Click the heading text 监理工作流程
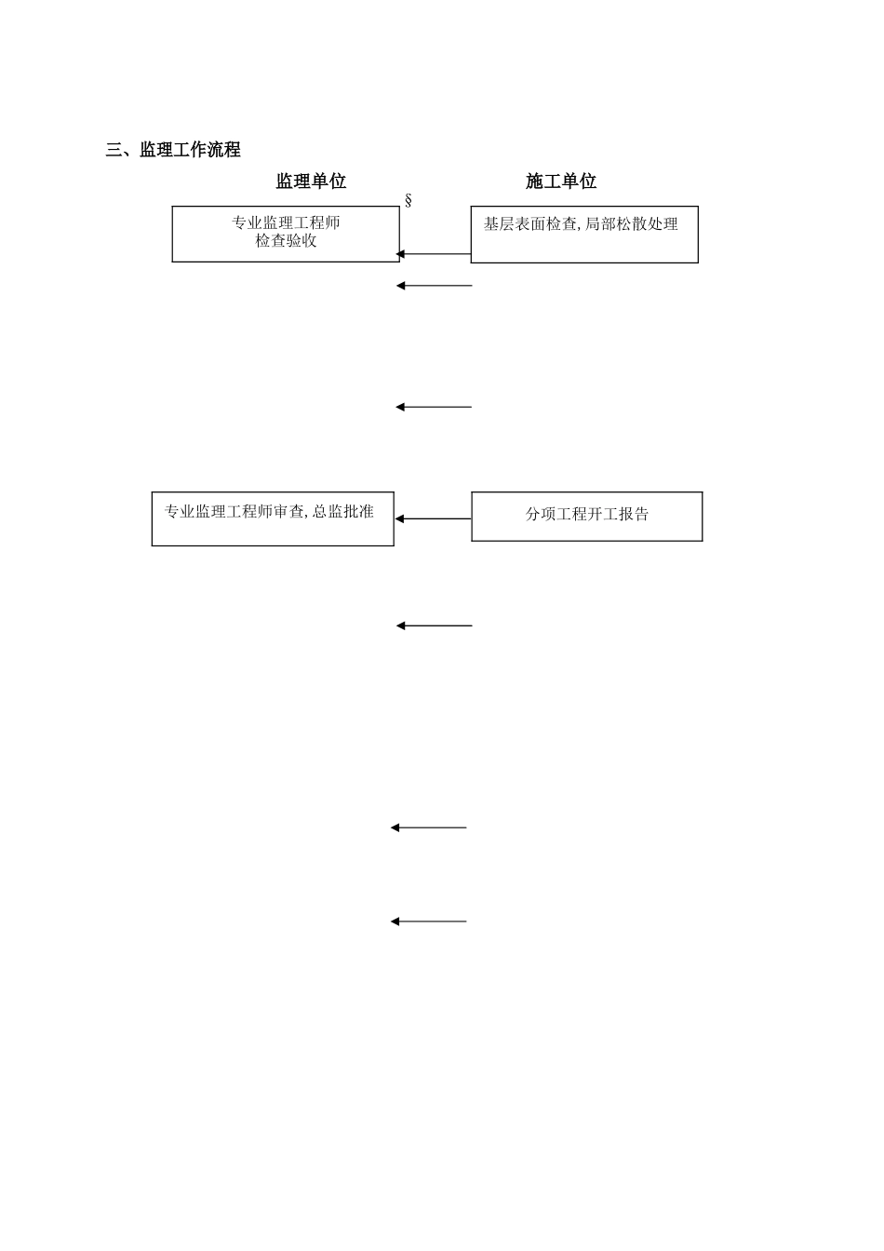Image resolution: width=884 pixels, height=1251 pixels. pyautogui.click(x=190, y=150)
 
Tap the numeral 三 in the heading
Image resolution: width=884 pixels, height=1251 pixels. pyautogui.click(x=114, y=150)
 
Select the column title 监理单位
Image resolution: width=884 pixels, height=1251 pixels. pyautogui.click(x=311, y=182)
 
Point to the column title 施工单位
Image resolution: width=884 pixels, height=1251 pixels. pyautogui.click(x=561, y=182)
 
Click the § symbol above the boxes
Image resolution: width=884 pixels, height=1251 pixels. pyautogui.click(x=408, y=201)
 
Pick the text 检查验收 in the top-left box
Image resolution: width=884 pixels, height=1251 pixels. pyautogui.click(x=286, y=241)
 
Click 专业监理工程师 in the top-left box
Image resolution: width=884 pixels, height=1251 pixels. pyautogui.click(x=286, y=223)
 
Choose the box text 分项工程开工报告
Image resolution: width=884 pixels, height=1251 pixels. pyautogui.click(x=586, y=514)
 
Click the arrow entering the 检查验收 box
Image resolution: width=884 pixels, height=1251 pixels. pyautogui.click(x=435, y=253)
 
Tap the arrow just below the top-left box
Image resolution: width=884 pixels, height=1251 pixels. pyautogui.click(x=435, y=286)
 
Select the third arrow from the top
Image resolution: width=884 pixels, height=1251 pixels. pyautogui.click(x=434, y=407)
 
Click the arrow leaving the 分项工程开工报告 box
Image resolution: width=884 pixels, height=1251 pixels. pyautogui.click(x=433, y=519)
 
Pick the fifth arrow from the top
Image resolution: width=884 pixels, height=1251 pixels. pyautogui.click(x=435, y=625)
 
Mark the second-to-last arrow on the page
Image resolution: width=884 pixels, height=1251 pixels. pyautogui.click(x=428, y=827)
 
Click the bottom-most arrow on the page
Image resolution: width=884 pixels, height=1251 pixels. pyautogui.click(x=428, y=921)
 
